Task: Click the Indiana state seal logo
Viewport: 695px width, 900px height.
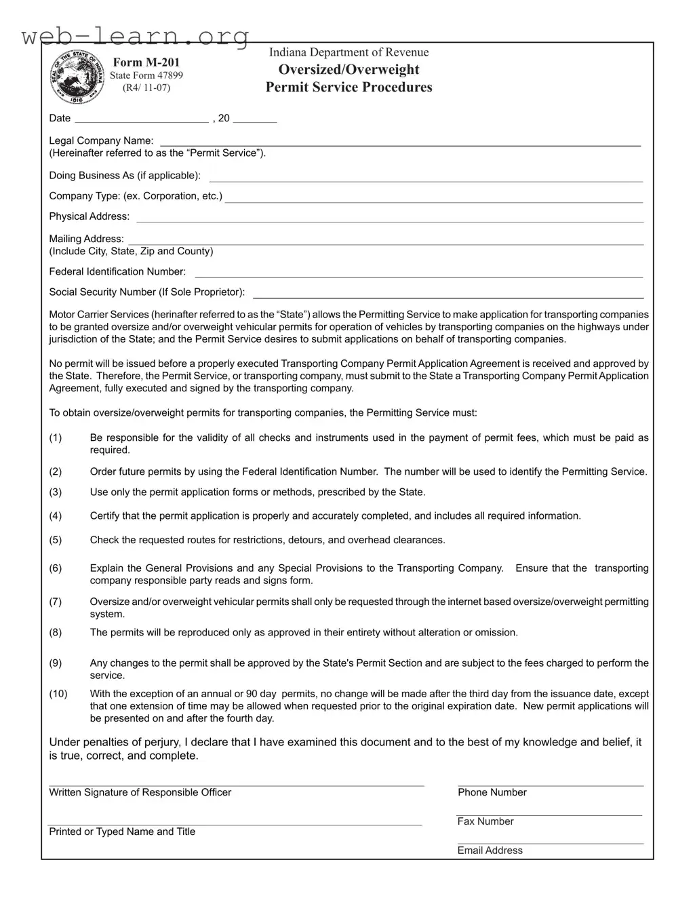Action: (x=78, y=77)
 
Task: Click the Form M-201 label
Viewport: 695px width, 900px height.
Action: (x=146, y=62)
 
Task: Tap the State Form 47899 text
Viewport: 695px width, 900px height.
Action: (x=146, y=75)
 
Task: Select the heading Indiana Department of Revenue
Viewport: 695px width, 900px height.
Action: (x=349, y=52)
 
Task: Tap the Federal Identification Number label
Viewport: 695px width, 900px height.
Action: (x=117, y=271)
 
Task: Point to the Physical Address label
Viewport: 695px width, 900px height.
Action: (x=89, y=216)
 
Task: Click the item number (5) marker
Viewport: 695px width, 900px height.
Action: (x=56, y=540)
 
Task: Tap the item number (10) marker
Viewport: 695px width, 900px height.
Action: (x=58, y=694)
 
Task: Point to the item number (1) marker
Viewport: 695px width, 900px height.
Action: (x=56, y=437)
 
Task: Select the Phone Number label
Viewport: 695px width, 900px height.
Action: (x=492, y=792)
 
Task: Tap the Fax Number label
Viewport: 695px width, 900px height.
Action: (x=485, y=821)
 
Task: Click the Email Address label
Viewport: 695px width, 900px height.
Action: (x=490, y=850)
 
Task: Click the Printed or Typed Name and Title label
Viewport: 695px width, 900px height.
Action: (x=122, y=831)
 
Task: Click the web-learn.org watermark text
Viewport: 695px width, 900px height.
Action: (x=136, y=35)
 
